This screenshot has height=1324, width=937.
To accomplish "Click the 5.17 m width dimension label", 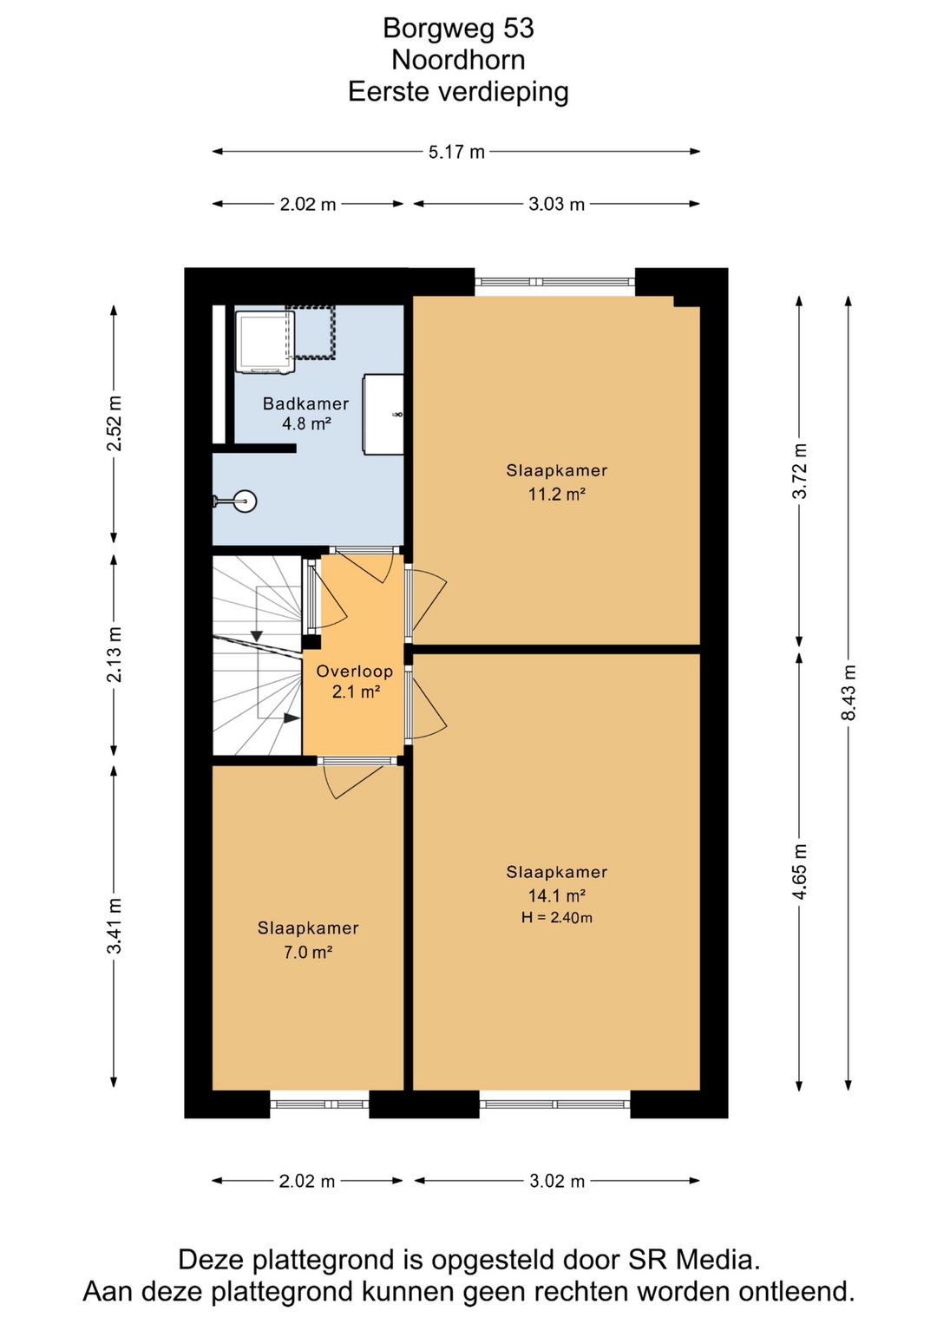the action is (x=456, y=152).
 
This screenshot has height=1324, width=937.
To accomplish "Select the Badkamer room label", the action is (x=305, y=403).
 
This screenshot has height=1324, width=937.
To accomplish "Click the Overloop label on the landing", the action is (x=355, y=671).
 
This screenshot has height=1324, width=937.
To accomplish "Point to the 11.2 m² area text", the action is (x=556, y=494).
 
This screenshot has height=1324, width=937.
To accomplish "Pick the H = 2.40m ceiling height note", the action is (x=557, y=917).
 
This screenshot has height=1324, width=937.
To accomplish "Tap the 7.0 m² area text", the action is (x=307, y=952).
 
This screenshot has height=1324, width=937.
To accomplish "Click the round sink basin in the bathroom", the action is (x=245, y=501).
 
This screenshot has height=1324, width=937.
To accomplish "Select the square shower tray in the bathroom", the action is (x=265, y=342).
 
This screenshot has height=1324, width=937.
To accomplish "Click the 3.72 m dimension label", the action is (x=799, y=471).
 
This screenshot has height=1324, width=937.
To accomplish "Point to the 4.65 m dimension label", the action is (x=799, y=872).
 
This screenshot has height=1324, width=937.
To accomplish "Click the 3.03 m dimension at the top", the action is (x=556, y=205).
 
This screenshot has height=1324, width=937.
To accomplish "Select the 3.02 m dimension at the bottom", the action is (x=556, y=1182).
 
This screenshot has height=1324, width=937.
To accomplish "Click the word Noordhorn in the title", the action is (x=458, y=60).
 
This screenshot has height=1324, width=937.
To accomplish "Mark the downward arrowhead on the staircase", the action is (x=257, y=636).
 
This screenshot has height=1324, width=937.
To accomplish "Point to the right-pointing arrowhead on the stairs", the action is (x=292, y=718).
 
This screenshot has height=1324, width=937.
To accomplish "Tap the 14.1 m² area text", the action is (x=556, y=895).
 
